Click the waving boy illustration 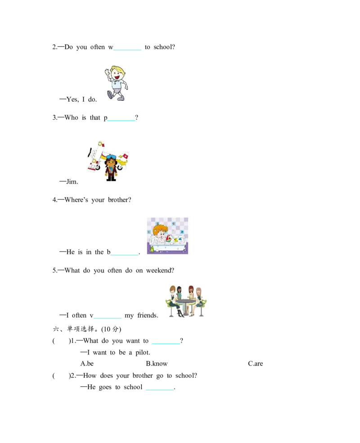116,83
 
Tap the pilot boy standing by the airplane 111,169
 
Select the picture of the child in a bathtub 167,236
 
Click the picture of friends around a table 186,301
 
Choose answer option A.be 87,363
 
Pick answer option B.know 157,363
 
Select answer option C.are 256,363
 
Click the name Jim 72,182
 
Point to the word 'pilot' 143,353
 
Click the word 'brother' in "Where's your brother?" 117,200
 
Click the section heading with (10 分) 87,329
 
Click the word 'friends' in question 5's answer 148,315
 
